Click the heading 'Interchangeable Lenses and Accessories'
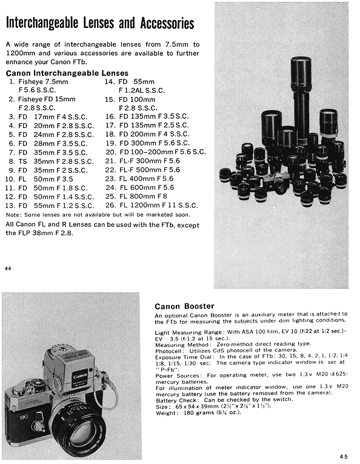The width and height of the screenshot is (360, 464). (x=100, y=23)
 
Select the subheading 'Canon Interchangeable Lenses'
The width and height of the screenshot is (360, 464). (x=67, y=73)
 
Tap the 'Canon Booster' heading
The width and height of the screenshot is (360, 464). (x=184, y=306)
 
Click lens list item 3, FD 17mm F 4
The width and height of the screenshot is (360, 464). (x=48, y=117)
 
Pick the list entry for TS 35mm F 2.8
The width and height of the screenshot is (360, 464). (x=51, y=161)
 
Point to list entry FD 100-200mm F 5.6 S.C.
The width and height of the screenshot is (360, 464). (x=156, y=152)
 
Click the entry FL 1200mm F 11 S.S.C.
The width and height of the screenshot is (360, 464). (x=152, y=205)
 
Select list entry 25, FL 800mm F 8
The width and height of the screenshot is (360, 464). (x=136, y=196)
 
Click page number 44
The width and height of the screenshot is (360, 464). (x=8, y=269)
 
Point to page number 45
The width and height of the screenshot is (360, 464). (x=344, y=456)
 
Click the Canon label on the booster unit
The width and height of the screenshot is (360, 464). (x=80, y=377)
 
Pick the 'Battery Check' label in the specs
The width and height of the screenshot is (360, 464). (x=176, y=400)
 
